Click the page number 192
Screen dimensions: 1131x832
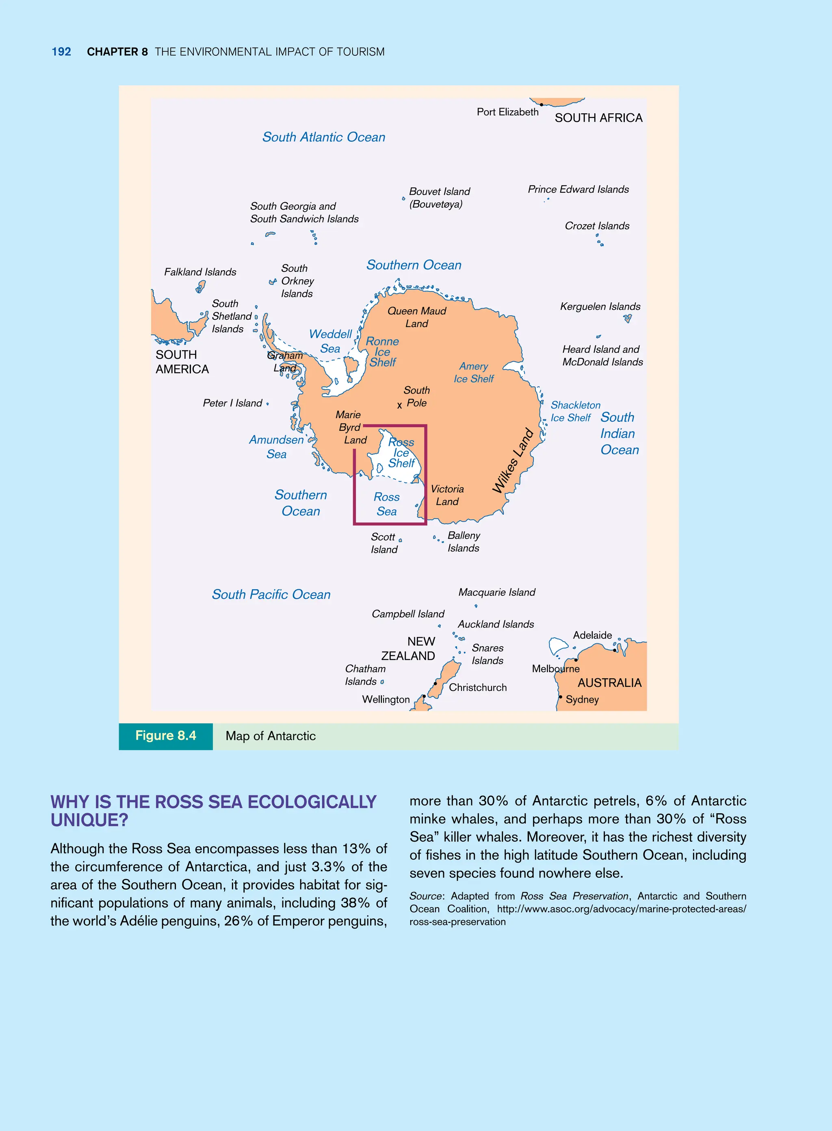61,52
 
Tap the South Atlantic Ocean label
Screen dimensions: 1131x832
323,137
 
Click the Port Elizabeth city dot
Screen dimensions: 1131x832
542,105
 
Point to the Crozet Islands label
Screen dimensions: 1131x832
597,226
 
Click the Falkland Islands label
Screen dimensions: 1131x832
200,272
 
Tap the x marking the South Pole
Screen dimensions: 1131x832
399,406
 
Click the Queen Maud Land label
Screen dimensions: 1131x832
416,317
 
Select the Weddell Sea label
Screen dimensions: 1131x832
330,341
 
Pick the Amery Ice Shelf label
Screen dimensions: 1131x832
473,372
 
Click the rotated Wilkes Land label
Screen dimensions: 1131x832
512,460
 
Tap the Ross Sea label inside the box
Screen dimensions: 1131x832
386,504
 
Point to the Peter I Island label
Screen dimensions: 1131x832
232,403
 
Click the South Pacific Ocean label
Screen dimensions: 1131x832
271,595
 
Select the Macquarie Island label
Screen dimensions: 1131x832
496,593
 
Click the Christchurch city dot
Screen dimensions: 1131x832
435,684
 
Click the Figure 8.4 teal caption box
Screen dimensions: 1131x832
166,736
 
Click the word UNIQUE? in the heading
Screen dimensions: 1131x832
89,820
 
